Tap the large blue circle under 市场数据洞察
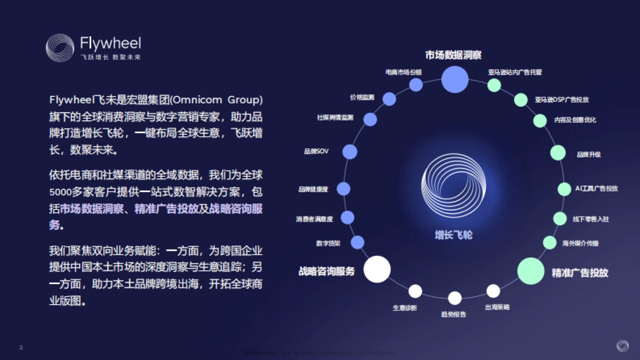tap(455, 79)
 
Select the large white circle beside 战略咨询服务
tap(377, 269)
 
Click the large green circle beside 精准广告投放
tap(531, 270)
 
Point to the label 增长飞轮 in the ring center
tap(453, 235)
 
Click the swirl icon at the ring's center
tap(454, 185)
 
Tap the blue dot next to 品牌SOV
tap(349, 152)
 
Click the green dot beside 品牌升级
tap(558, 153)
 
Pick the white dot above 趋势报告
tap(454, 298)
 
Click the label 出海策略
tap(497, 307)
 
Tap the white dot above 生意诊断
tap(415, 291)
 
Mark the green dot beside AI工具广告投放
tap(564, 189)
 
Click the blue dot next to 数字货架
tap(357, 243)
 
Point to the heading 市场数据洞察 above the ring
tap(453, 55)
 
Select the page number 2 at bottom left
tap(21, 348)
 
